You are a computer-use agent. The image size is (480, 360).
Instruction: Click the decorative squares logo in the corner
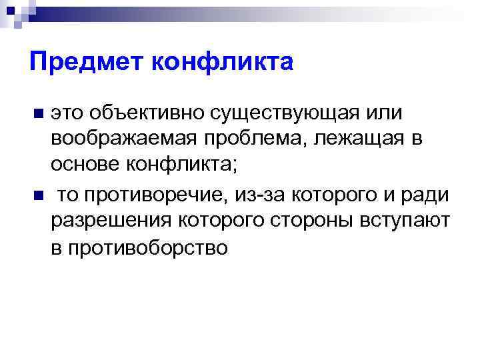point(14,11)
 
